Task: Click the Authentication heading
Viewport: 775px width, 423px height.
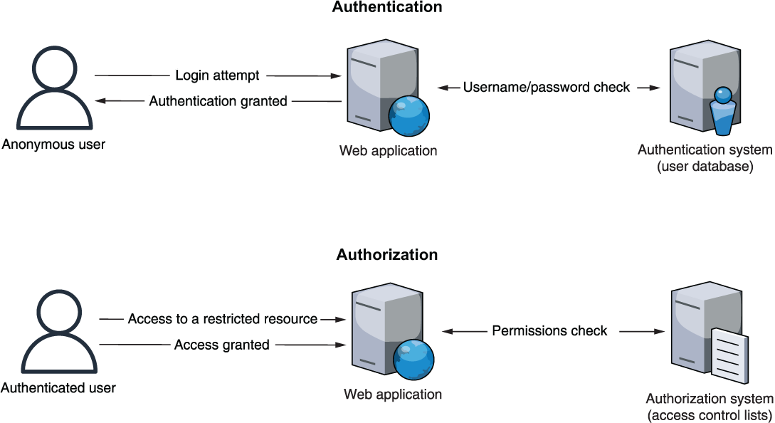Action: [x=387, y=7]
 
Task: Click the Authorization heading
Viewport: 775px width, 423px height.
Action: [x=387, y=254]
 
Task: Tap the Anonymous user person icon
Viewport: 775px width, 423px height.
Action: [x=54, y=88]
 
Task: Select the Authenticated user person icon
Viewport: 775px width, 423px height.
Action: [x=59, y=331]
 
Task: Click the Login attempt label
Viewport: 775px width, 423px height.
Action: [x=217, y=75]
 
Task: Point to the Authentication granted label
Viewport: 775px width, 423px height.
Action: [x=218, y=101]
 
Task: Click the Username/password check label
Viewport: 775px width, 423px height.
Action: [x=546, y=87]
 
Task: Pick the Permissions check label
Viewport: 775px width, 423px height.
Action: [x=549, y=330]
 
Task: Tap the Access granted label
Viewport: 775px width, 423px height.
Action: [x=221, y=345]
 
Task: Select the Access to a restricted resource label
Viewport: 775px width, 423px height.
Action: [x=223, y=318]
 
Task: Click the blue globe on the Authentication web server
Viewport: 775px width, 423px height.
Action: [x=408, y=116]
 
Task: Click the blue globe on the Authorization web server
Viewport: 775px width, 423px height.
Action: [x=413, y=360]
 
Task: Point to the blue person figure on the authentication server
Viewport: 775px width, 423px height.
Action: [x=722, y=111]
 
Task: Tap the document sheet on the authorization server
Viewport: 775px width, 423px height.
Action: [x=729, y=356]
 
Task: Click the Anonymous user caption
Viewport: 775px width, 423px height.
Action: [x=53, y=145]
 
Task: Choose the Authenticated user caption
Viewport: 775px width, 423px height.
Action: [x=58, y=388]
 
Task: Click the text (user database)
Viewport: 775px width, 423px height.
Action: [x=705, y=166]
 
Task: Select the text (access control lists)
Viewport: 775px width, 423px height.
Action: [x=710, y=415]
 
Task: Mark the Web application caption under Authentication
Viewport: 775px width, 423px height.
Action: [x=388, y=150]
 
